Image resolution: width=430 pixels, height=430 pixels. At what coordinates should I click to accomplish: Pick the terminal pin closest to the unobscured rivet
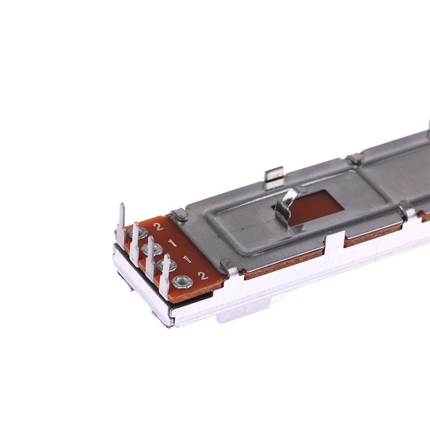164,276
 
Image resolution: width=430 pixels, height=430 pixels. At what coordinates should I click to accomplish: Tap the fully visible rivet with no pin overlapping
182,282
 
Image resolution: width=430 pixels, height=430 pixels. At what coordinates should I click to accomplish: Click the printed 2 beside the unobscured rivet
203,275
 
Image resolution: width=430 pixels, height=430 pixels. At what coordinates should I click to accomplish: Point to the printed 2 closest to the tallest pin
158,226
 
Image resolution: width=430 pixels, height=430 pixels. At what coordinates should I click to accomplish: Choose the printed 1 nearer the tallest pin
172,243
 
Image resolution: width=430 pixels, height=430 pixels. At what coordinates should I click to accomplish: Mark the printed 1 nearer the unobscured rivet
187,259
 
